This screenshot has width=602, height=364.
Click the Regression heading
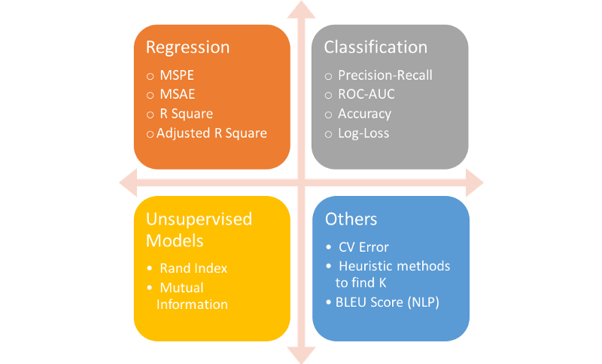pos(187,47)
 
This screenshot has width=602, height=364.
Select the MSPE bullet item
pos(178,76)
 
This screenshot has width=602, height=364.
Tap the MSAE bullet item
pos(178,95)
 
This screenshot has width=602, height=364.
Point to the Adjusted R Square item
pos(211,133)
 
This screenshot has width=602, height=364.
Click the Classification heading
pos(375,47)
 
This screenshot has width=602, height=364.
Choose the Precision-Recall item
pos(385,75)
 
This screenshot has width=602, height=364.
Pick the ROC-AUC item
pos(366,94)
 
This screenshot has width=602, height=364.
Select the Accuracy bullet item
pos(364,114)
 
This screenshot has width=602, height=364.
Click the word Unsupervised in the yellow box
pos(199,219)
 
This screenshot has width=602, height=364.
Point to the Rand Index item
pos(193,268)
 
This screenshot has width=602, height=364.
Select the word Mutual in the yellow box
pos(181,287)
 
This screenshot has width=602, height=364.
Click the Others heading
pos(351,219)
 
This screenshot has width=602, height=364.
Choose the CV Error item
pos(364,248)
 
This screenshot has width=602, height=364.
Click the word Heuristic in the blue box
pos(366,266)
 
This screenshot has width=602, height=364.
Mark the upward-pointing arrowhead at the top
pos(302,9)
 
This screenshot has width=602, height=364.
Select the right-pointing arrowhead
pos(474,182)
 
